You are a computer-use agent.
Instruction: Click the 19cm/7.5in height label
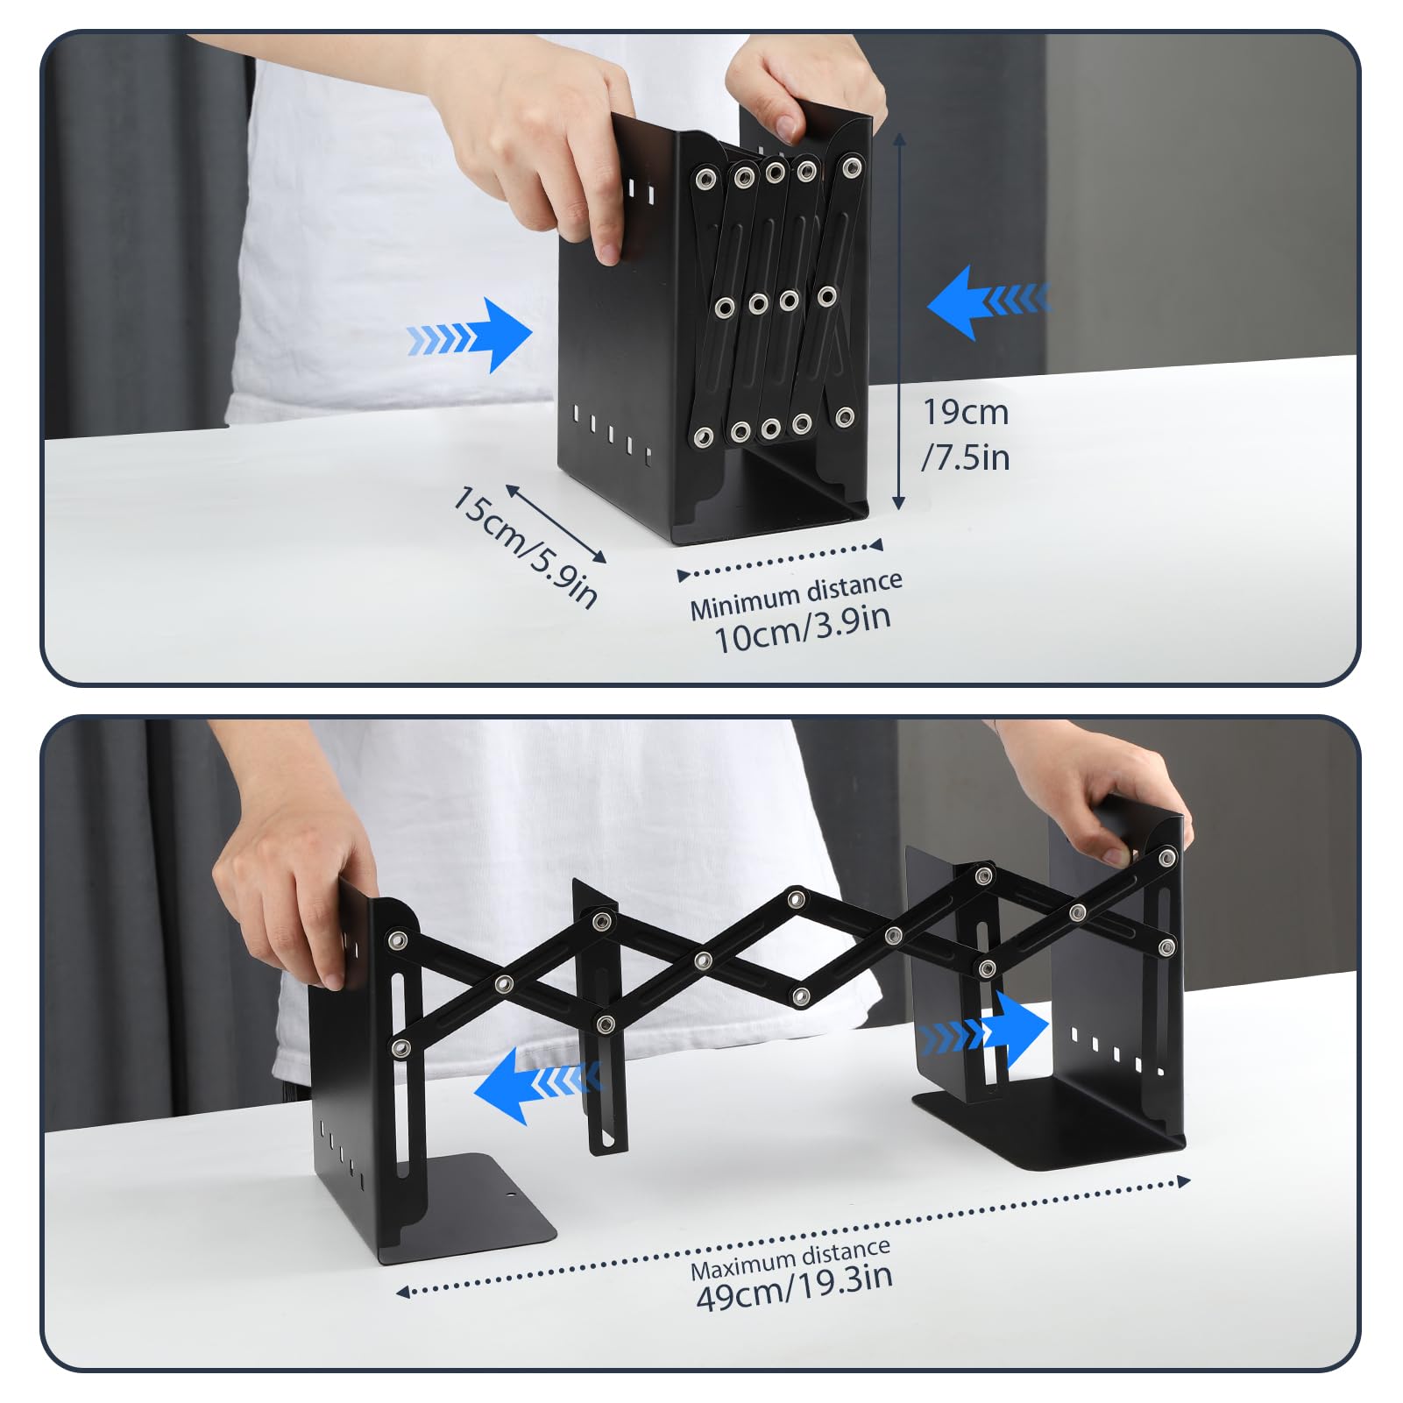point(966,435)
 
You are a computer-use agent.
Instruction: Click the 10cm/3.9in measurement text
point(803,627)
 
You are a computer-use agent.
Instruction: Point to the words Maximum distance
point(790,1259)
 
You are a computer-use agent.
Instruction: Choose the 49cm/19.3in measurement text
point(794,1286)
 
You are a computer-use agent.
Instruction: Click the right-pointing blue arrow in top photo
point(473,336)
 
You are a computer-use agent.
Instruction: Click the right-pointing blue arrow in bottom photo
point(990,1031)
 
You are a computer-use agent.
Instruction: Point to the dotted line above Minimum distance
point(780,559)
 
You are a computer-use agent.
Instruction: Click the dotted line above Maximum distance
point(793,1236)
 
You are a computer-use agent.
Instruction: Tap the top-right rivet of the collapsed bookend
point(850,166)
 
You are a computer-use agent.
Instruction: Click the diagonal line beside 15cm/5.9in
point(556,523)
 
